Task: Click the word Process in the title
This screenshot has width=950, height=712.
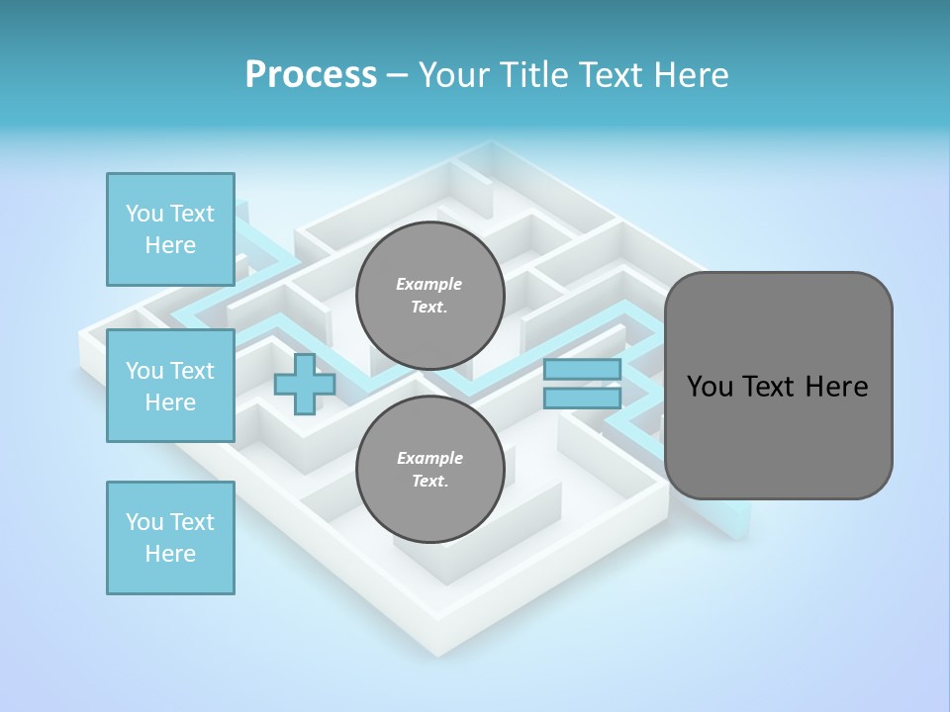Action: click(x=311, y=75)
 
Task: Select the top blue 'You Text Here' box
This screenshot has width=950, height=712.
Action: click(x=170, y=229)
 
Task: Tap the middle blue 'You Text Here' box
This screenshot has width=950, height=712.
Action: click(x=170, y=386)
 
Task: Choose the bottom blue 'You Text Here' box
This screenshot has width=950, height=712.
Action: click(x=170, y=538)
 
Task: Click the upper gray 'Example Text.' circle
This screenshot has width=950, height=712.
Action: click(x=429, y=296)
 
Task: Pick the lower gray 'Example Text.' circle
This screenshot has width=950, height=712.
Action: click(x=429, y=470)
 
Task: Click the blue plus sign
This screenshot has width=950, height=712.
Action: click(x=305, y=384)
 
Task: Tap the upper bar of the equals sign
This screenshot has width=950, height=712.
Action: click(x=582, y=369)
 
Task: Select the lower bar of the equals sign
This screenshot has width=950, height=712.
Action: click(x=582, y=398)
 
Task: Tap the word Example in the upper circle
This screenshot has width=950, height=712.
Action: click(x=429, y=284)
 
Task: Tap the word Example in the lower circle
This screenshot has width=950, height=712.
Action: click(x=429, y=458)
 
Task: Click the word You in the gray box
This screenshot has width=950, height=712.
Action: click(x=710, y=387)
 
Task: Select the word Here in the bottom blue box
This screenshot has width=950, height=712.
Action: click(x=170, y=554)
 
